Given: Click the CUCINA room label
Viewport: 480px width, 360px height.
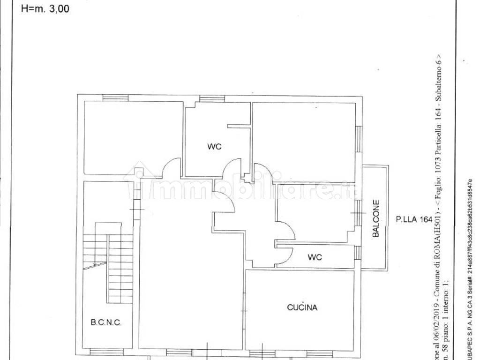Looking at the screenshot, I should [302, 307].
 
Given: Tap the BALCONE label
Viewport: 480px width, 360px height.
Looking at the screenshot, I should [376, 219].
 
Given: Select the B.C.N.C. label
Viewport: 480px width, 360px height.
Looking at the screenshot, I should [105, 322].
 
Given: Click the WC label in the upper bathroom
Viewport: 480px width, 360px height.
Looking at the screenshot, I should [214, 146].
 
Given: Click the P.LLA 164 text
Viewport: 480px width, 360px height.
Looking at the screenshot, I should [414, 218].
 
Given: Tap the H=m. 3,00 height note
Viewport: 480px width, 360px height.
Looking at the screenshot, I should [45, 8].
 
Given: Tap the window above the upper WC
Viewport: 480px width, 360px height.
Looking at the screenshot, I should [212, 98].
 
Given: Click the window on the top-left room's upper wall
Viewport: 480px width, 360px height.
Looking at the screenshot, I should [115, 98].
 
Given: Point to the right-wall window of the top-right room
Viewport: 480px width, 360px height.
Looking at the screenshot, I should [359, 139].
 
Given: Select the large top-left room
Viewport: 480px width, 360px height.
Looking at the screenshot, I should [133, 138].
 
